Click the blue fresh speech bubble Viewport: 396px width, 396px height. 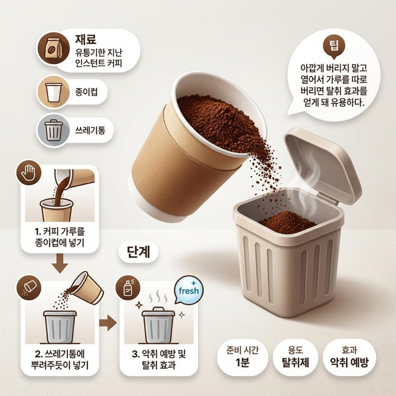click(188, 291)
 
